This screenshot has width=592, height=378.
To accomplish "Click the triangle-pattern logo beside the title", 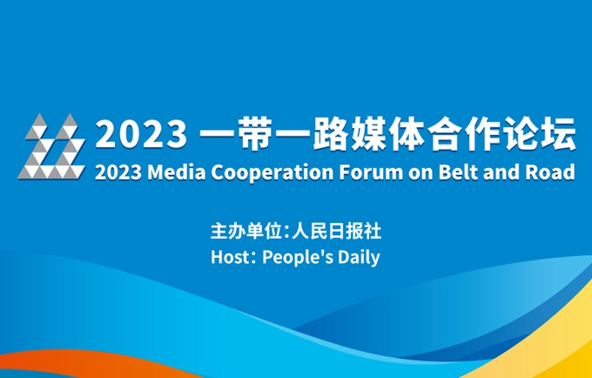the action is (51, 146).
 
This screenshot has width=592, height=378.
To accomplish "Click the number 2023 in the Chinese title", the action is (142, 134).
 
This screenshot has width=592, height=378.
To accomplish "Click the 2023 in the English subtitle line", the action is (118, 172).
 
